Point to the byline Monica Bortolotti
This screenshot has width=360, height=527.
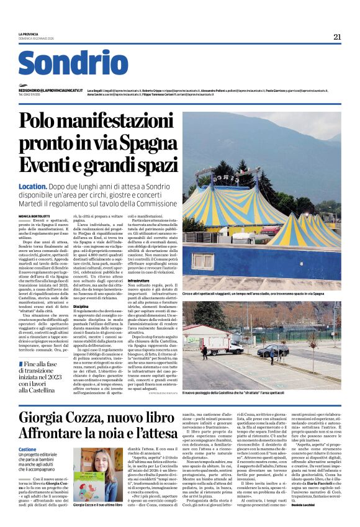[x=36, y=215]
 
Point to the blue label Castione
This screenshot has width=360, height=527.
[x=27, y=449]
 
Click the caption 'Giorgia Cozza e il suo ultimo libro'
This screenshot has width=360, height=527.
[x=98, y=505]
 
